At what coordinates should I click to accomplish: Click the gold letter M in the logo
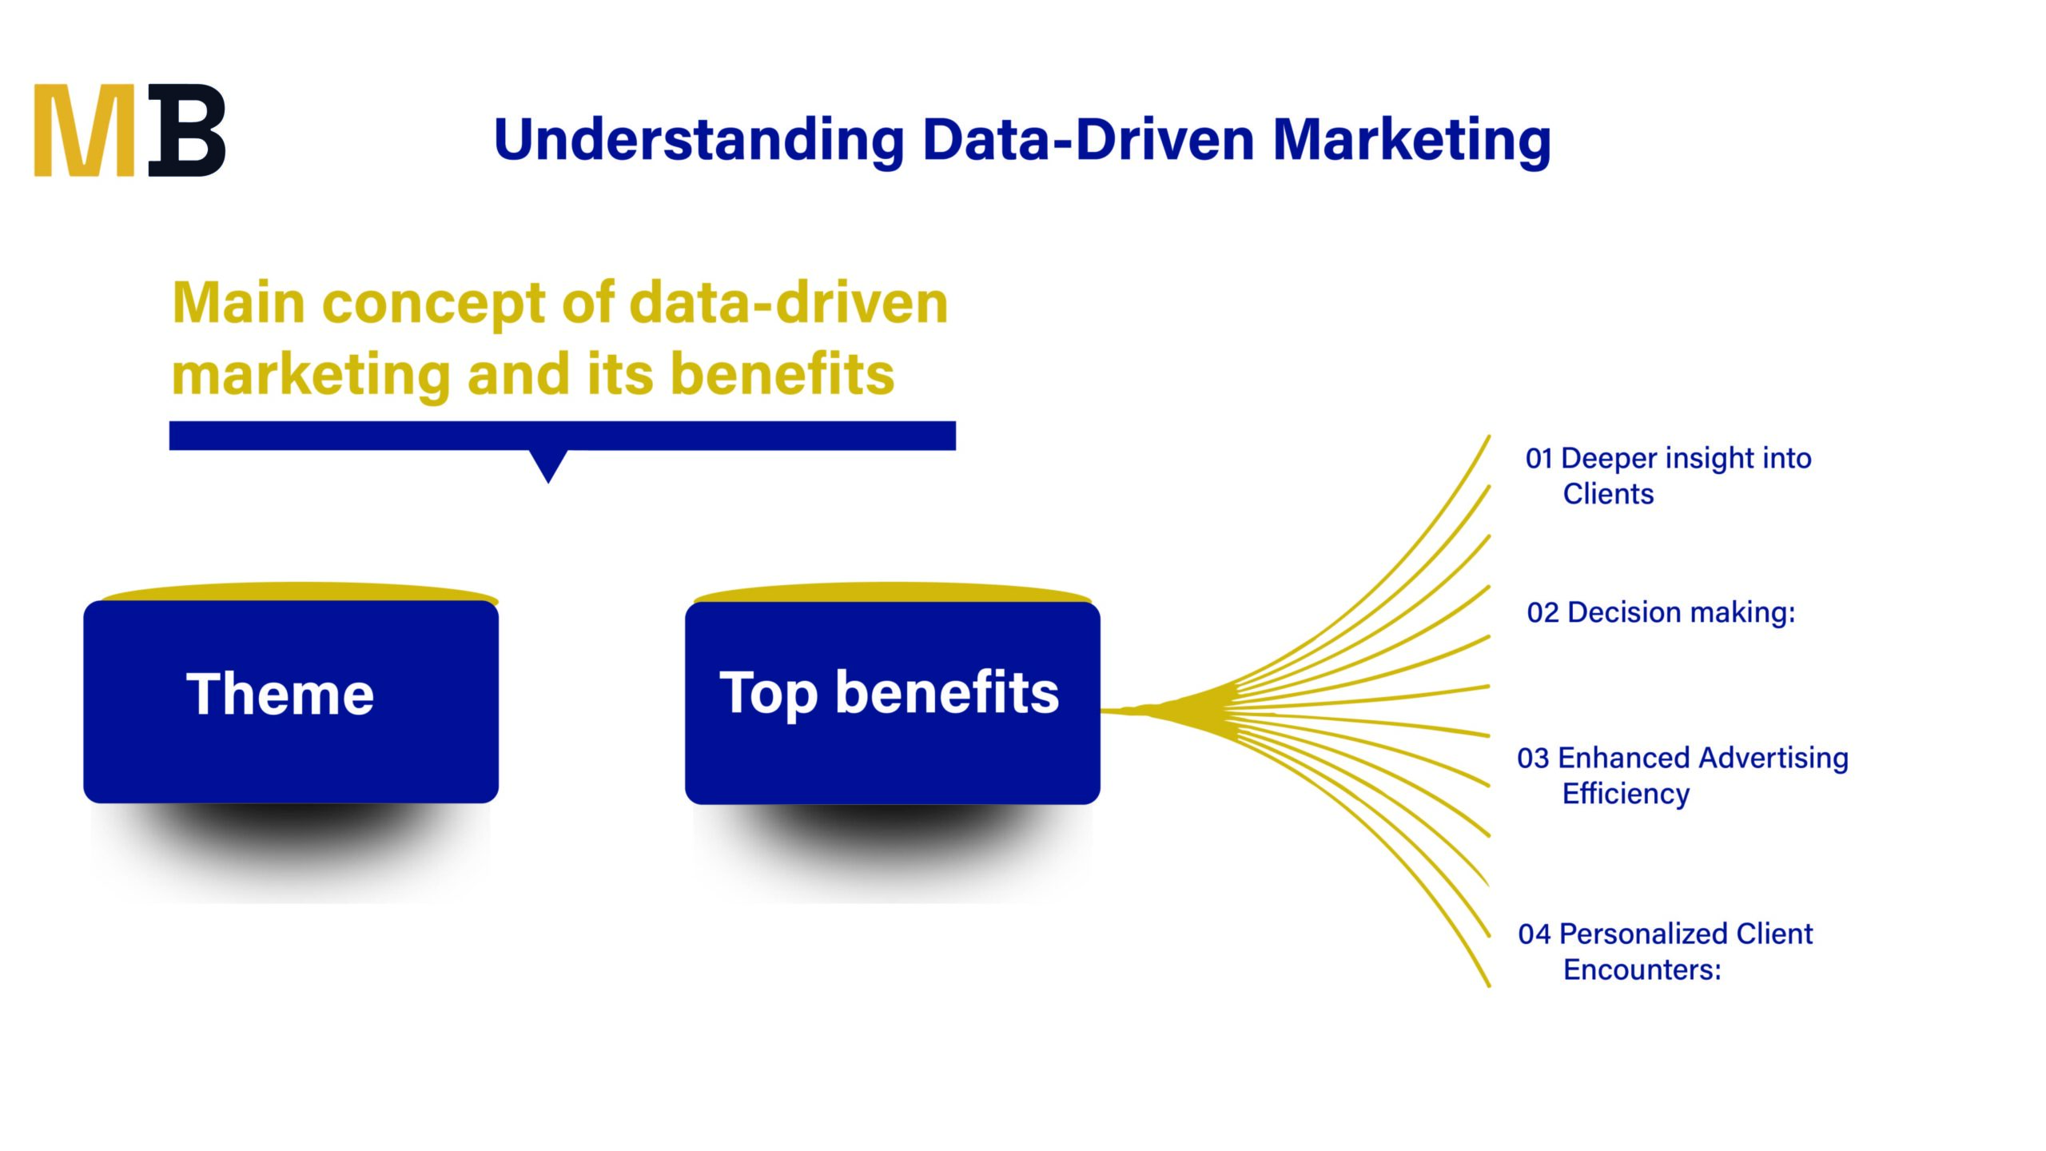pos(84,130)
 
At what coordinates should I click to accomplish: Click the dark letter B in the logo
pos(188,130)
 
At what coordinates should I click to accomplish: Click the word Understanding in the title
pos(699,140)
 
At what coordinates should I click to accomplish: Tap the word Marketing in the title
pos(1411,140)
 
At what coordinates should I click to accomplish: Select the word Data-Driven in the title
pos(1088,140)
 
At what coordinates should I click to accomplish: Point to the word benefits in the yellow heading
pos(782,374)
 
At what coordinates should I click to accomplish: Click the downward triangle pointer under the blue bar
pos(548,464)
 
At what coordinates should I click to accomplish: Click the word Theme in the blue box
pos(280,694)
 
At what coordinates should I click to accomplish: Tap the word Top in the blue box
pos(768,694)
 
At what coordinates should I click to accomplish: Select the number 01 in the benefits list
pos(1538,459)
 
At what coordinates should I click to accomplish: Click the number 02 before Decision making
pos(1542,613)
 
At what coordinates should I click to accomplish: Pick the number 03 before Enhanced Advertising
pos(1533,759)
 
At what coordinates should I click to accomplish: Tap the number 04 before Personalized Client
pos(1534,934)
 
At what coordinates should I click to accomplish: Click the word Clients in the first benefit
pos(1608,494)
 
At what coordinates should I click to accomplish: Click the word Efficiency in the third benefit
pos(1626,794)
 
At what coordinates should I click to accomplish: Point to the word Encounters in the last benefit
pos(1642,970)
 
